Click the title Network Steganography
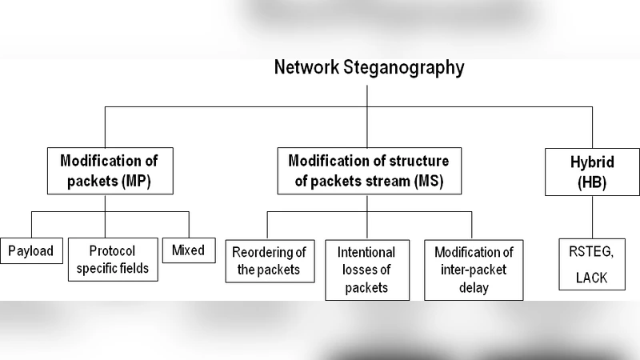pos(368,67)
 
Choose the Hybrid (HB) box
pos(592,171)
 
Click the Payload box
pos(30,250)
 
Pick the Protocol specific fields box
pos(112,259)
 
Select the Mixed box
pos(188,250)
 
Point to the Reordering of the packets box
pos(269,261)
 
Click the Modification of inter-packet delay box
pos(474,270)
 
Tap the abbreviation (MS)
pos(437,182)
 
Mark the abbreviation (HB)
pos(592,182)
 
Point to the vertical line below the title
pos(367,94)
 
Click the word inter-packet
pos(474,270)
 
